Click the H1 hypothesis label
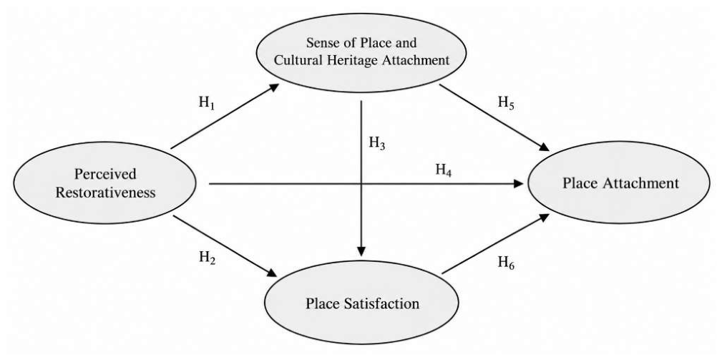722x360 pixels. coord(207,102)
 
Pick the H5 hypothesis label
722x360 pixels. coord(506,104)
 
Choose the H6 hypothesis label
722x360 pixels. coord(506,263)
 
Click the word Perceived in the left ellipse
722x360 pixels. coord(105,174)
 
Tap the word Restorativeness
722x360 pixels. coord(105,192)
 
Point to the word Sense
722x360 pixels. coord(321,43)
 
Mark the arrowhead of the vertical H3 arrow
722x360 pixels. coord(361,251)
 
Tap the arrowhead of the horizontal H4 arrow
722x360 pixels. coord(519,184)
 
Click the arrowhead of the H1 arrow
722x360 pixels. coord(275,87)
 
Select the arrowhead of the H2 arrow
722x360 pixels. coord(272,273)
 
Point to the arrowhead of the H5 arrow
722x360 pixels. coord(544,147)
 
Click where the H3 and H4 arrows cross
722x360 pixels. coord(361,184)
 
